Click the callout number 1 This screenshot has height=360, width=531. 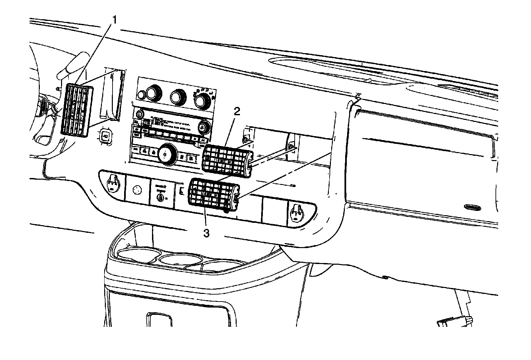pyautogui.click(x=114, y=21)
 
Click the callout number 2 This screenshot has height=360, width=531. pyautogui.click(x=237, y=112)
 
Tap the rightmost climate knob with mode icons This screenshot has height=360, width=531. pyautogui.click(x=203, y=100)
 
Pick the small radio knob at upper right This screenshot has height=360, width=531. pyautogui.click(x=202, y=127)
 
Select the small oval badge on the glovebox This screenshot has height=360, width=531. pyautogui.click(x=472, y=208)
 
